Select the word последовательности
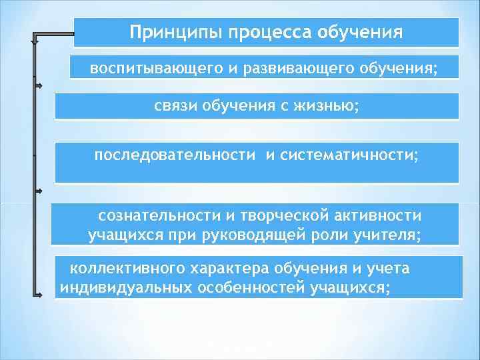coord(175,155)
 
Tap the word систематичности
coord(350,155)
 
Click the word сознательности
coord(155,215)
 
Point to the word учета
coord(387,268)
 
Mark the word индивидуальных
coord(125,287)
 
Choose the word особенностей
coord(248,287)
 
